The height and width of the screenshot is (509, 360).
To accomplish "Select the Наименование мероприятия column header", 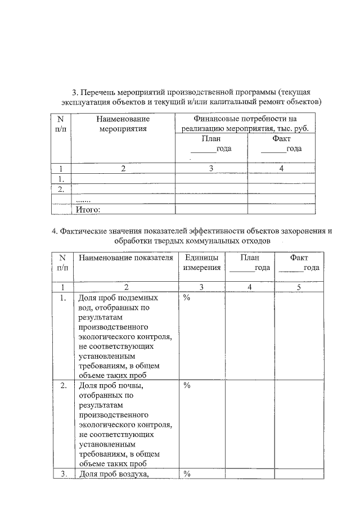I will pyautogui.click(x=123, y=124).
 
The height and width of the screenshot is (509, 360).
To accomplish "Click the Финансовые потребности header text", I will pyautogui.click(x=245, y=119).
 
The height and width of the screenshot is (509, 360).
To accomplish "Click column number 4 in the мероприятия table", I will pyautogui.click(x=281, y=168).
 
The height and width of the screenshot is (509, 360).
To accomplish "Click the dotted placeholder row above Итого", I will pyautogui.click(x=83, y=200).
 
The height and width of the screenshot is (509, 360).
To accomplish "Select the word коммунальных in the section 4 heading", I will pyautogui.click(x=213, y=241).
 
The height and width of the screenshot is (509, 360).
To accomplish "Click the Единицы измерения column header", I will pyautogui.click(x=201, y=263).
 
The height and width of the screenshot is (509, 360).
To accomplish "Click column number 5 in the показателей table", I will pyautogui.click(x=299, y=287).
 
